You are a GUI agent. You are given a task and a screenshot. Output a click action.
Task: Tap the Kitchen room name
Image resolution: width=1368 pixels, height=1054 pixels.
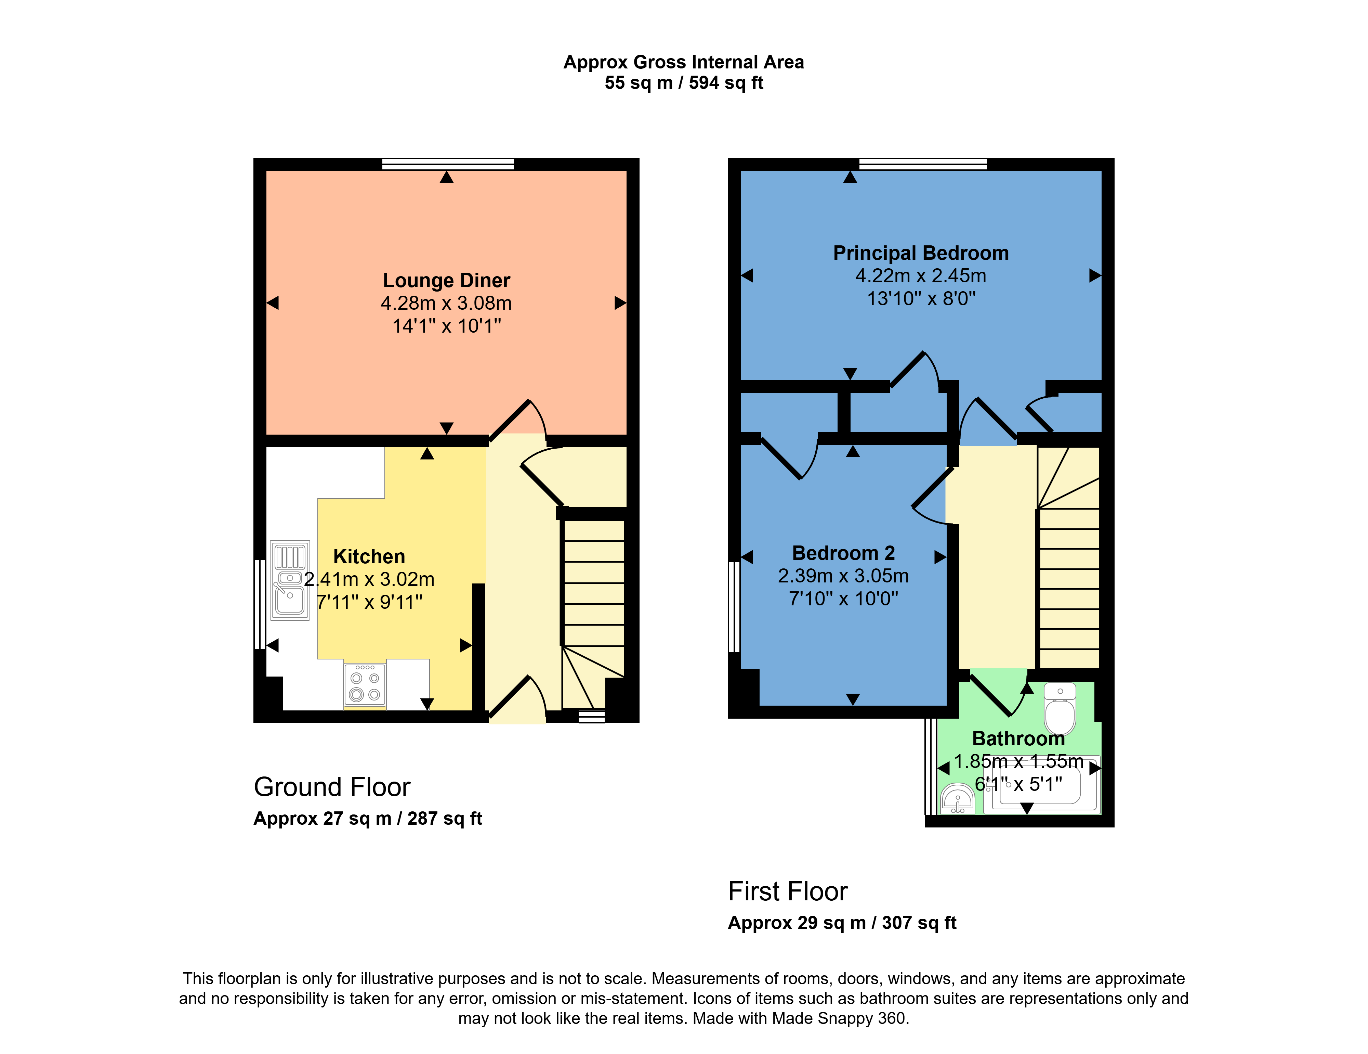pos(369,556)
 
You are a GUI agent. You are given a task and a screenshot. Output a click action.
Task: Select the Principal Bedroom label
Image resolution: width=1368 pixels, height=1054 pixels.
pos(921,253)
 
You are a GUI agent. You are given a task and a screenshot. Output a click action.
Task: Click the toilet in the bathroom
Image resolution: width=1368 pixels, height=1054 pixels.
pos(1060,708)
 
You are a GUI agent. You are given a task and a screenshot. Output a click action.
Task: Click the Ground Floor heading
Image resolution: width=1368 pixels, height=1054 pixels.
pos(332,787)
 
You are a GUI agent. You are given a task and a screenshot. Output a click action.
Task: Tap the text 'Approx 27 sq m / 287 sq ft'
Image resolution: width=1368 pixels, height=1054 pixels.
pos(368,818)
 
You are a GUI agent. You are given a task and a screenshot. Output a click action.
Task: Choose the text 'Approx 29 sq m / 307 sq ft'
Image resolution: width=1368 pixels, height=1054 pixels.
pos(842,923)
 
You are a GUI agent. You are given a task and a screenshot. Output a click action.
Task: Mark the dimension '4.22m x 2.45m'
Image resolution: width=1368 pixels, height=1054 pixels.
pos(921,276)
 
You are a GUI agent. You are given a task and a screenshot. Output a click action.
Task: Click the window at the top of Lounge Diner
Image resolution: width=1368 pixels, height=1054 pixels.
pos(448,164)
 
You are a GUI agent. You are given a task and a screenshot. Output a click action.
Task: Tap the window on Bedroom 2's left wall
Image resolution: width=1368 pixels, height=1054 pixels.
pos(734,607)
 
